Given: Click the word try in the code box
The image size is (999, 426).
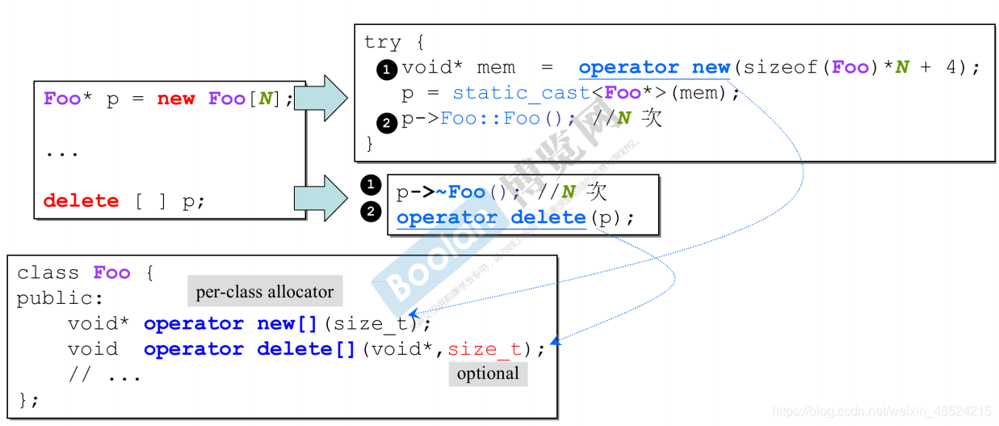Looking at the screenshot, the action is click(x=382, y=42).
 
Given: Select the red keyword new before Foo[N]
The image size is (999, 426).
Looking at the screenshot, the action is click(x=175, y=99).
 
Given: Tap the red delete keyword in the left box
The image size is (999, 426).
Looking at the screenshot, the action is click(x=81, y=201).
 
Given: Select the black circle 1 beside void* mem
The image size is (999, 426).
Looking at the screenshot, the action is click(x=386, y=70).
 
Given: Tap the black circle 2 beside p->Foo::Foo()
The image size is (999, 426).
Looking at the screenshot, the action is click(x=386, y=123).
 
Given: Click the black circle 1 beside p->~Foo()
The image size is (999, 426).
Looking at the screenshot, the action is click(x=370, y=186).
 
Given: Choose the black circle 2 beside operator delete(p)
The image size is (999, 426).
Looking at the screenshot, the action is click(x=370, y=212).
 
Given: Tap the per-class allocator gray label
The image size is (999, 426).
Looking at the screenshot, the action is click(x=265, y=292).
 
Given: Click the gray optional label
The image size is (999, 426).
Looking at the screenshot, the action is click(x=488, y=373).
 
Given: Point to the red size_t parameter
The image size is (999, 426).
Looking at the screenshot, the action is click(x=485, y=349).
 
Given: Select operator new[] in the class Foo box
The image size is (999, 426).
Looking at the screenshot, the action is click(x=230, y=324).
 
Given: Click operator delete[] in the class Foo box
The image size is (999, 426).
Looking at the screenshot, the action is click(x=250, y=350).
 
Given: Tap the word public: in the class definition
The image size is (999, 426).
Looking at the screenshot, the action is click(x=55, y=298).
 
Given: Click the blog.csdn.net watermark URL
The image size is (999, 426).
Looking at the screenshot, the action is click(x=881, y=411).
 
